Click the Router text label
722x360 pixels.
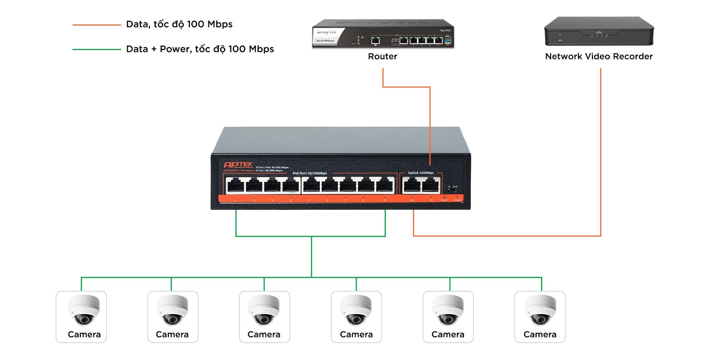click(382, 56)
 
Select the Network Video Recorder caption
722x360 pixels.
click(599, 56)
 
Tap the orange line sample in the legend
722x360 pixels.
click(97, 25)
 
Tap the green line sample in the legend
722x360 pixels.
click(97, 49)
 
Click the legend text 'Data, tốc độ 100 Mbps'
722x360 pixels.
click(179, 24)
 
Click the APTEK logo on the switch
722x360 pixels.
click(238, 164)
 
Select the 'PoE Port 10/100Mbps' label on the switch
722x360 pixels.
click(309, 173)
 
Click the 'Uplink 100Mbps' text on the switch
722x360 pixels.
click(421, 173)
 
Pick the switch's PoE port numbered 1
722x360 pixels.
click(235, 185)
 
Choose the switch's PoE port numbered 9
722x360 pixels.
click(384, 185)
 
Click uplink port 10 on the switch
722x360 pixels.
click(412, 185)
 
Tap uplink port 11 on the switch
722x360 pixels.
click(431, 185)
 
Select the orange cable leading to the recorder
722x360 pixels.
click(601, 150)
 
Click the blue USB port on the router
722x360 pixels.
click(447, 40)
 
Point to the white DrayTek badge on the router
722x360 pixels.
click(326, 36)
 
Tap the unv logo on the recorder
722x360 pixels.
click(599, 33)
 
